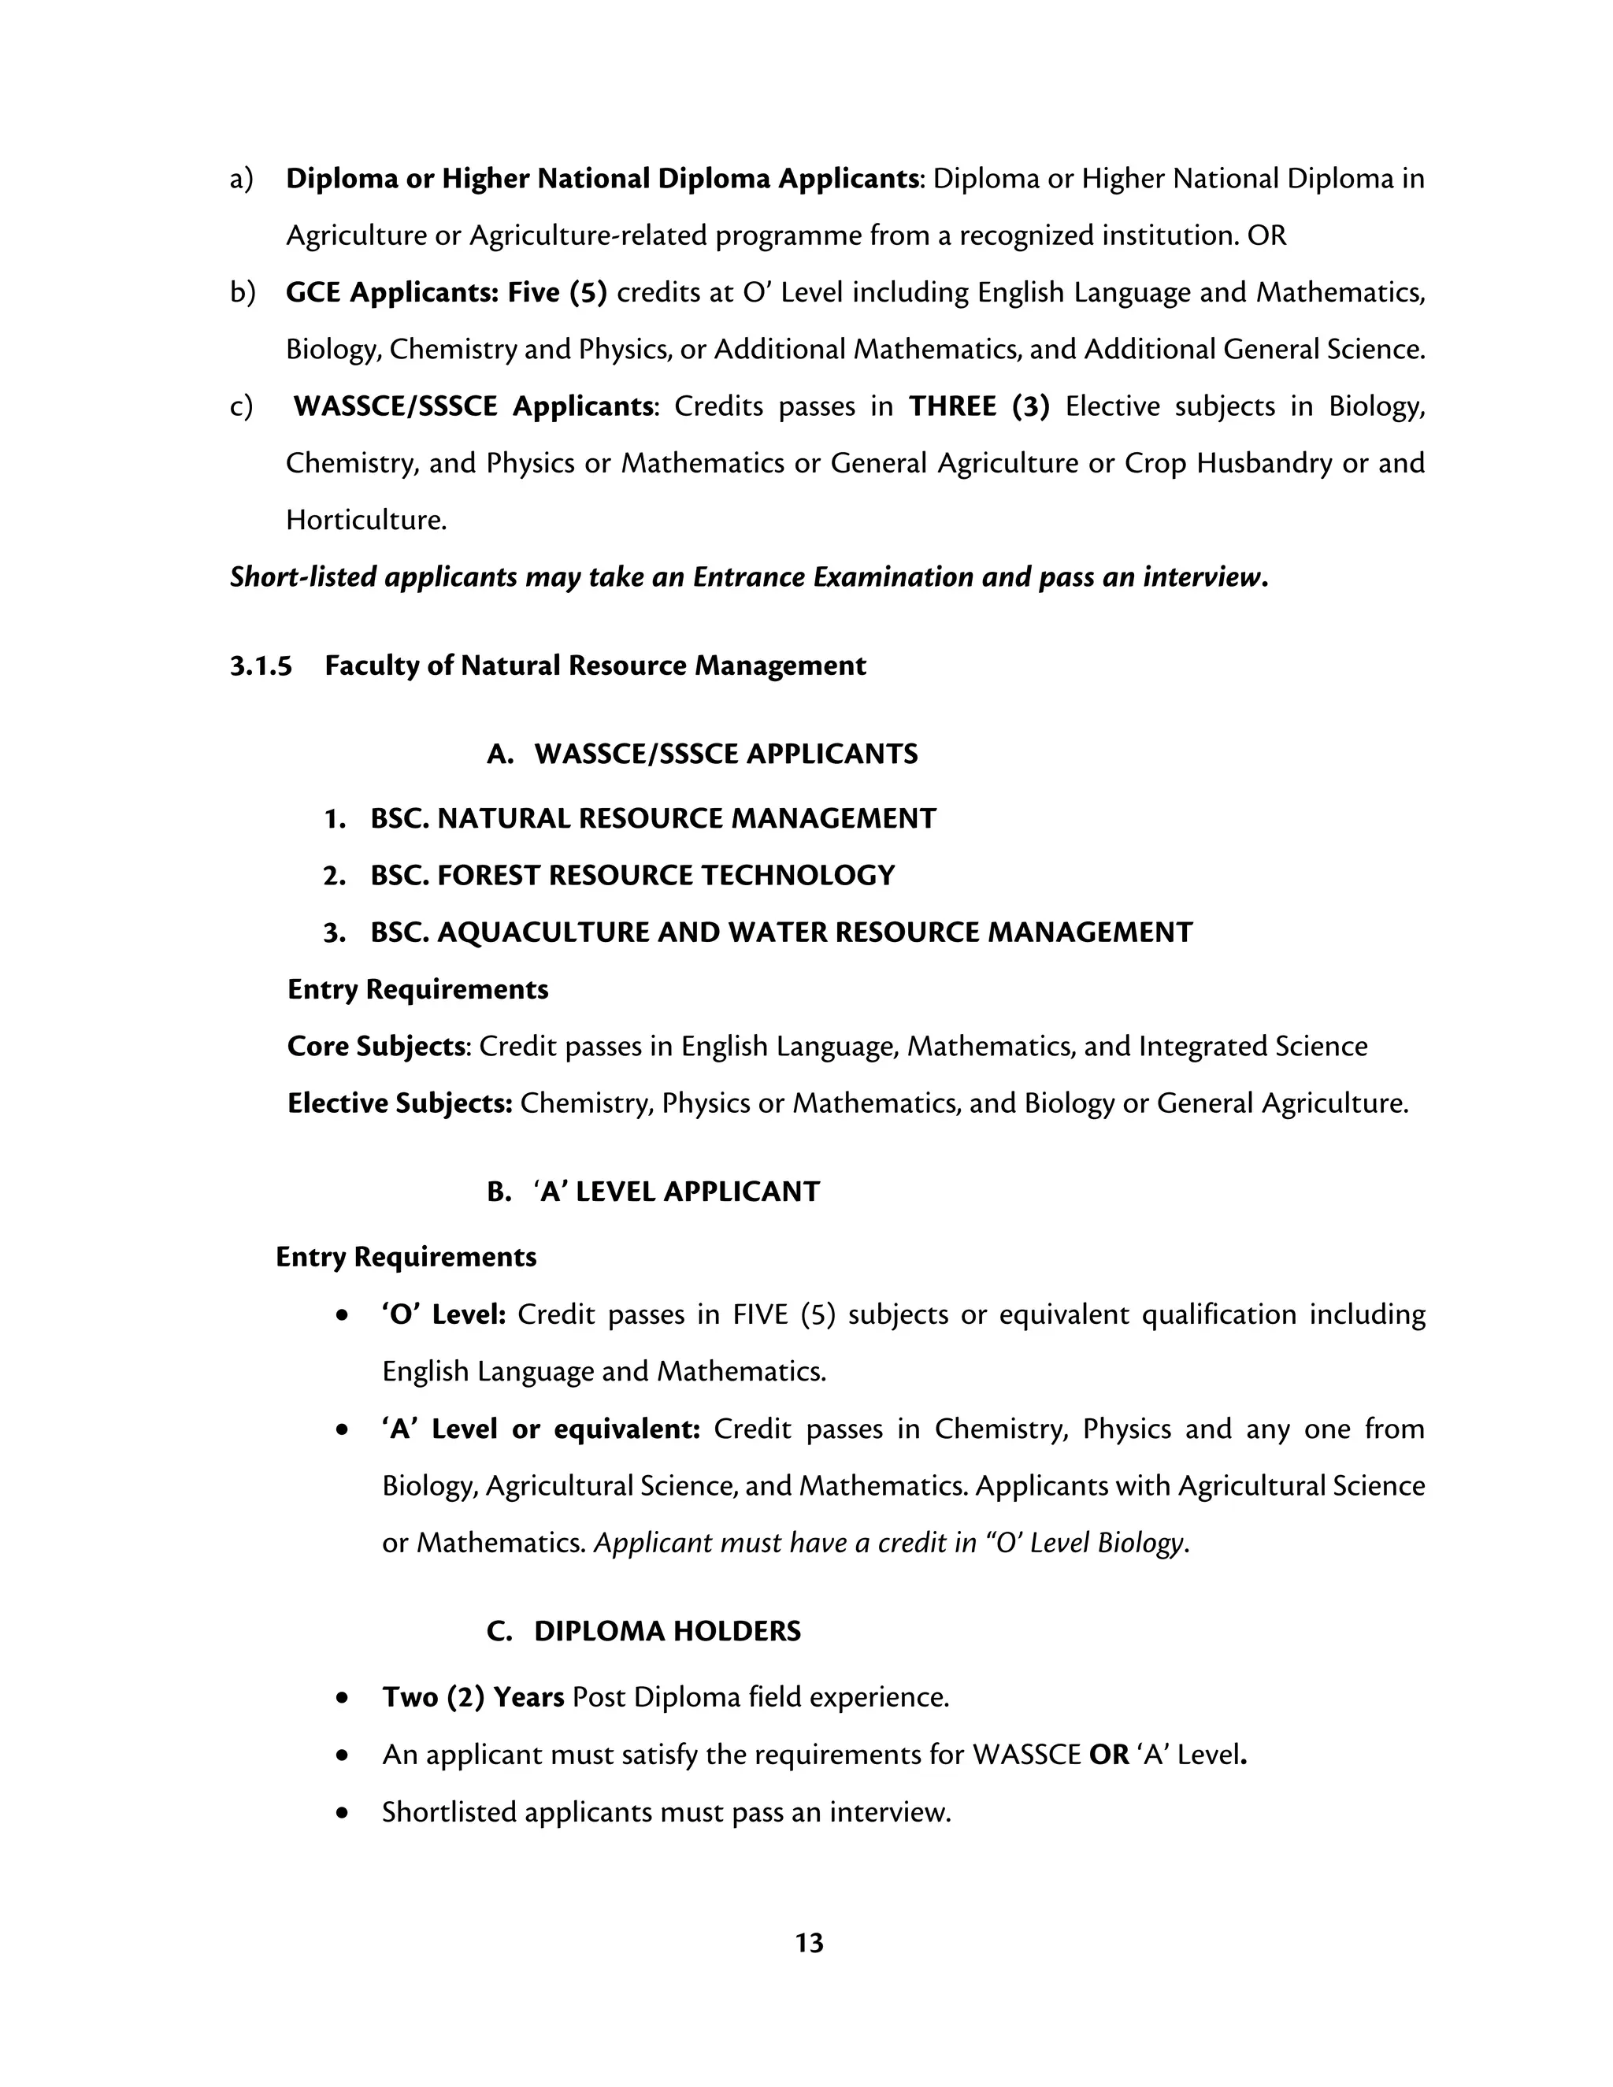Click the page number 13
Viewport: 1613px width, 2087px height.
(x=808, y=1943)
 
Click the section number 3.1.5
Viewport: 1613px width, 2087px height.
(x=261, y=666)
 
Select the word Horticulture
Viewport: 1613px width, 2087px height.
(x=366, y=521)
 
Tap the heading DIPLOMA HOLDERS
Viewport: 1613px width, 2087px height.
(x=667, y=1631)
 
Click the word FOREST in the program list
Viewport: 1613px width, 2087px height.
(x=488, y=875)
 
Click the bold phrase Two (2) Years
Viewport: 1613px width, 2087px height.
(x=472, y=1697)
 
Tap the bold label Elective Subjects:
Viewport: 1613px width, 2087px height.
(x=399, y=1103)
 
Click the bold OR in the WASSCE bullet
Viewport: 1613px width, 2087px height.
(x=1108, y=1755)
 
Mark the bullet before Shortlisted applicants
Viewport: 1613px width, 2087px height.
(x=342, y=1813)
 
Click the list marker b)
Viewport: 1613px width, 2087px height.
(x=242, y=292)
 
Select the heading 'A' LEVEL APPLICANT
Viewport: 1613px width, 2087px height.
(x=677, y=1192)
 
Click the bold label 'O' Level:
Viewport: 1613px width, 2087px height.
(x=443, y=1315)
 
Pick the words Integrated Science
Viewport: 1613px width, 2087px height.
(x=1251, y=1047)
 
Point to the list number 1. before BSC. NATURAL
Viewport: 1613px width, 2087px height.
(x=335, y=819)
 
